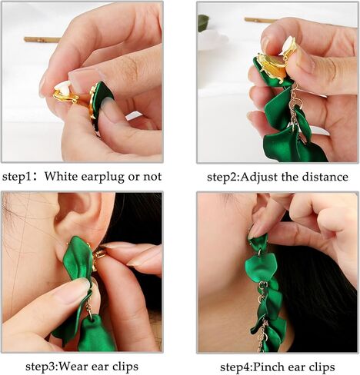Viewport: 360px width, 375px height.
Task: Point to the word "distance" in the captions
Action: coord(325,177)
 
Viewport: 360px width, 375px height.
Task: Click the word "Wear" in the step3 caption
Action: coord(73,367)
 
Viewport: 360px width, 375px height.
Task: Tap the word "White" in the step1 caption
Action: coord(61,177)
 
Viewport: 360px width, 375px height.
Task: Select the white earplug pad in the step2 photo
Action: coord(287,45)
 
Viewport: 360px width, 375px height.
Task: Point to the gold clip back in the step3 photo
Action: coord(98,255)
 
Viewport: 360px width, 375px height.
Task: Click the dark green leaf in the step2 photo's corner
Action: coord(203,22)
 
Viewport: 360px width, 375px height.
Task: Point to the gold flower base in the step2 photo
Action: coord(273,66)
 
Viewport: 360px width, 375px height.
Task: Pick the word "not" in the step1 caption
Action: coord(152,177)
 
